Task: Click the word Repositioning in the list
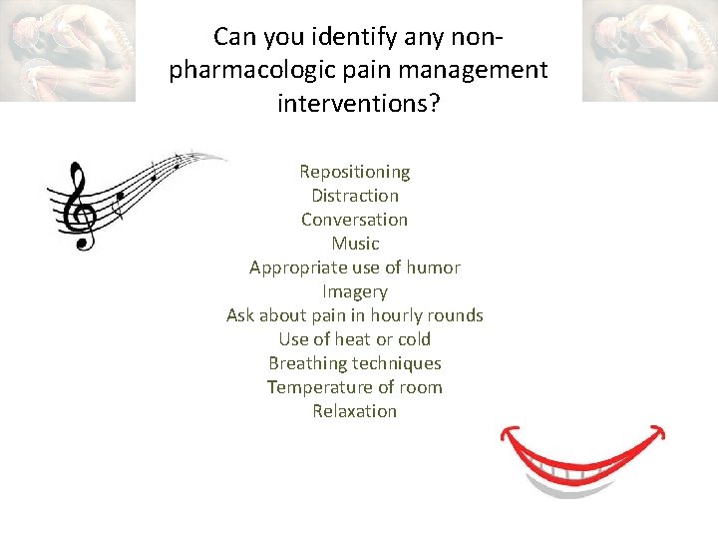354,172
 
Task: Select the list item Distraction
354,196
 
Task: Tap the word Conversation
354,220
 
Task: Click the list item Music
355,244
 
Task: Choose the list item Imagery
354,291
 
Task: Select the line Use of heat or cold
354,339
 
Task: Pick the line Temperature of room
354,387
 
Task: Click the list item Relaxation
354,411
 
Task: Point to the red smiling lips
583,449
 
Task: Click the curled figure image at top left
68,50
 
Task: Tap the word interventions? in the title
358,103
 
